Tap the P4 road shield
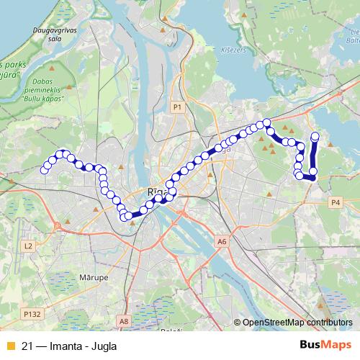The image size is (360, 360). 336,203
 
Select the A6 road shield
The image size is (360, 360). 221,242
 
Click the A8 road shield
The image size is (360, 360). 125,321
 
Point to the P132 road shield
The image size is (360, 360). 31,314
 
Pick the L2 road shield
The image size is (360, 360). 28,246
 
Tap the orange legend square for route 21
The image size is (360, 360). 9,346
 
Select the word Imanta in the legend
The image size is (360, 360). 64,346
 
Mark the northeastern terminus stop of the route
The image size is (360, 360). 315,135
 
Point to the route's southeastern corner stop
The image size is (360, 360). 313,176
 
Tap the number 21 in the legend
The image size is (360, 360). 27,346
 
